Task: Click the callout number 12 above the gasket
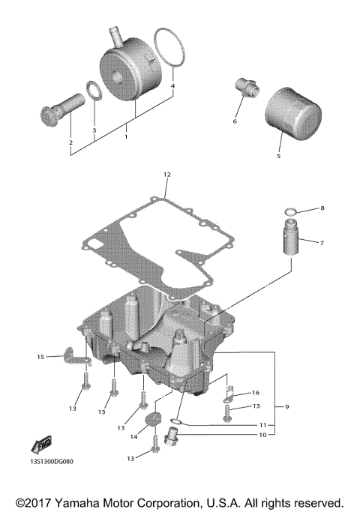(166, 175)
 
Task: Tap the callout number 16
(255, 392)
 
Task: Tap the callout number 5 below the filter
(278, 157)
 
